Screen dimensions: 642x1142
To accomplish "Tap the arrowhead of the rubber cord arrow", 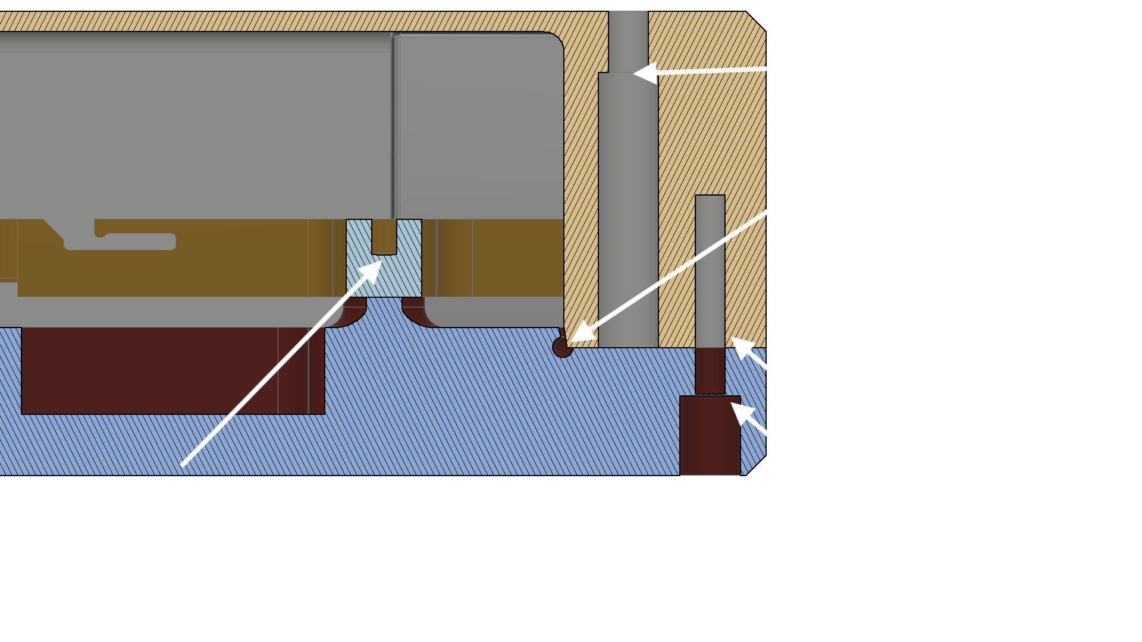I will tap(580, 333).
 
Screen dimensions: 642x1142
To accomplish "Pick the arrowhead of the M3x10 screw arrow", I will tap(741, 411).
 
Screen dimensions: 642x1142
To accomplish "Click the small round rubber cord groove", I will tap(561, 347).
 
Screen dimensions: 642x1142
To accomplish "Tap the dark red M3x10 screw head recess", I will tap(710, 435).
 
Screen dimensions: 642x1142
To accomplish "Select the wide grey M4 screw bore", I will tap(628, 208).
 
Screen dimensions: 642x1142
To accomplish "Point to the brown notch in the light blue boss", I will tap(384, 237).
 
